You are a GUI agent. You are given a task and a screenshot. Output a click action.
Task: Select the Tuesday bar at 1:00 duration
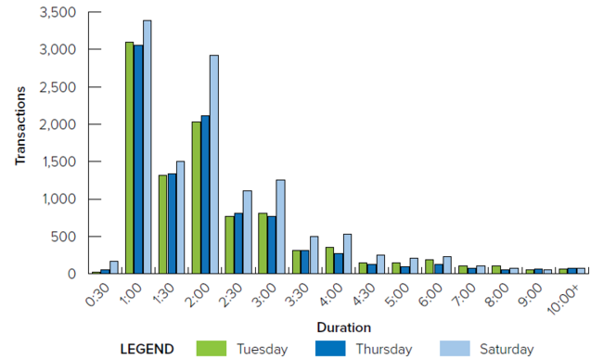click(x=130, y=158)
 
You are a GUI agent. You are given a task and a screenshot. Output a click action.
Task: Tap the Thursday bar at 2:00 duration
click(x=205, y=195)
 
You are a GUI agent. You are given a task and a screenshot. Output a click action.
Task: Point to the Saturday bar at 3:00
click(x=280, y=226)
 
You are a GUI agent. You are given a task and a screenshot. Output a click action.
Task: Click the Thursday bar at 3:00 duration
click(x=272, y=245)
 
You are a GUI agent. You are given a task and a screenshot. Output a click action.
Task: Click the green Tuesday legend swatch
click(x=212, y=349)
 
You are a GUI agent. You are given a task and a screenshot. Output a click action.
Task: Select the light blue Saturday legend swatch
click(x=455, y=349)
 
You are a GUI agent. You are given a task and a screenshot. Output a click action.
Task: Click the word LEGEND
click(x=147, y=349)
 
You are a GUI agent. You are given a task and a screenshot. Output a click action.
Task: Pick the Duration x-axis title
click(x=343, y=327)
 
